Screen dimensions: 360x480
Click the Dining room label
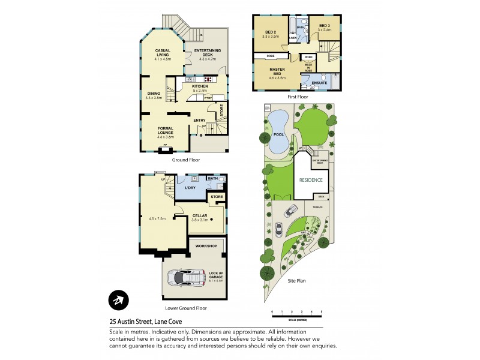[154, 95]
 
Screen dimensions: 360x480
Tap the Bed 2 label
[271, 34]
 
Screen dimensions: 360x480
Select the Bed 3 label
[325, 26]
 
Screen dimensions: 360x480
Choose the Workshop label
[205, 247]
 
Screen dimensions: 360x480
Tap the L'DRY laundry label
[190, 188]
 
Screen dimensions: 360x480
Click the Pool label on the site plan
[278, 135]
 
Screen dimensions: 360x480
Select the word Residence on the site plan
[311, 179]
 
